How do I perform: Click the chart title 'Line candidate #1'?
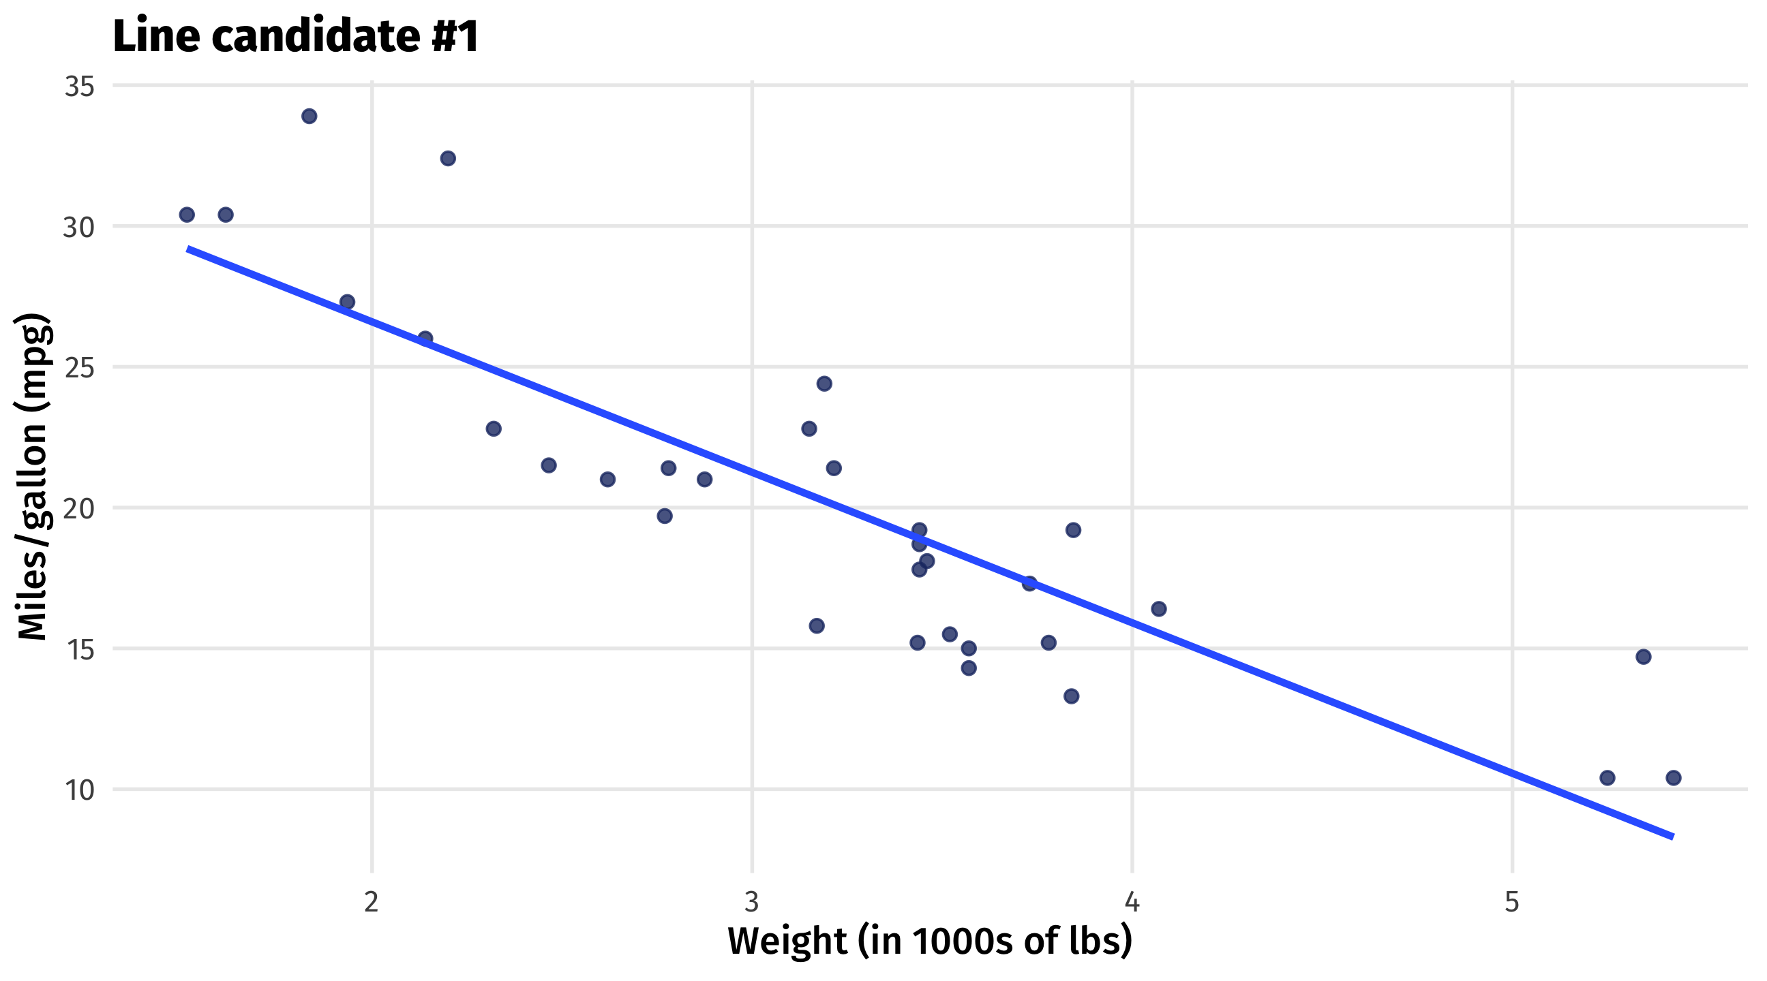[296, 35]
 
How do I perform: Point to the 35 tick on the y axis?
[79, 87]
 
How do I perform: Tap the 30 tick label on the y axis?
[79, 227]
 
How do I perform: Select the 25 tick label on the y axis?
[79, 368]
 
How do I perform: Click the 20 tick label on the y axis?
[79, 509]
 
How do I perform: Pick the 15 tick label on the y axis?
[79, 649]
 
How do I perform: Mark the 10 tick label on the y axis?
[79, 790]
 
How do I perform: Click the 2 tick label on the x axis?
[371, 902]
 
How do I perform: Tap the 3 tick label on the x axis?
[752, 902]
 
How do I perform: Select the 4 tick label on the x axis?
[1132, 902]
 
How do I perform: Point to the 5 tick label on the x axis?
[1512, 902]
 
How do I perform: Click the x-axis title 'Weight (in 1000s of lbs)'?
[929, 941]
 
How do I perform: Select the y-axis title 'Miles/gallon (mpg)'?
[33, 476]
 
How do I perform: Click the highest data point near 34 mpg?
[309, 116]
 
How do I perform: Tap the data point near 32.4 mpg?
[448, 158]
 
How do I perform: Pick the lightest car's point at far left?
[187, 215]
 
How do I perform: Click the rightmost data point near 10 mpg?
[1674, 777]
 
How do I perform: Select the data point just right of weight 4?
[1158, 609]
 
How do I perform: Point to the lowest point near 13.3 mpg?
[1072, 696]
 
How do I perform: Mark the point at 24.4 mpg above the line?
[824, 384]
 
